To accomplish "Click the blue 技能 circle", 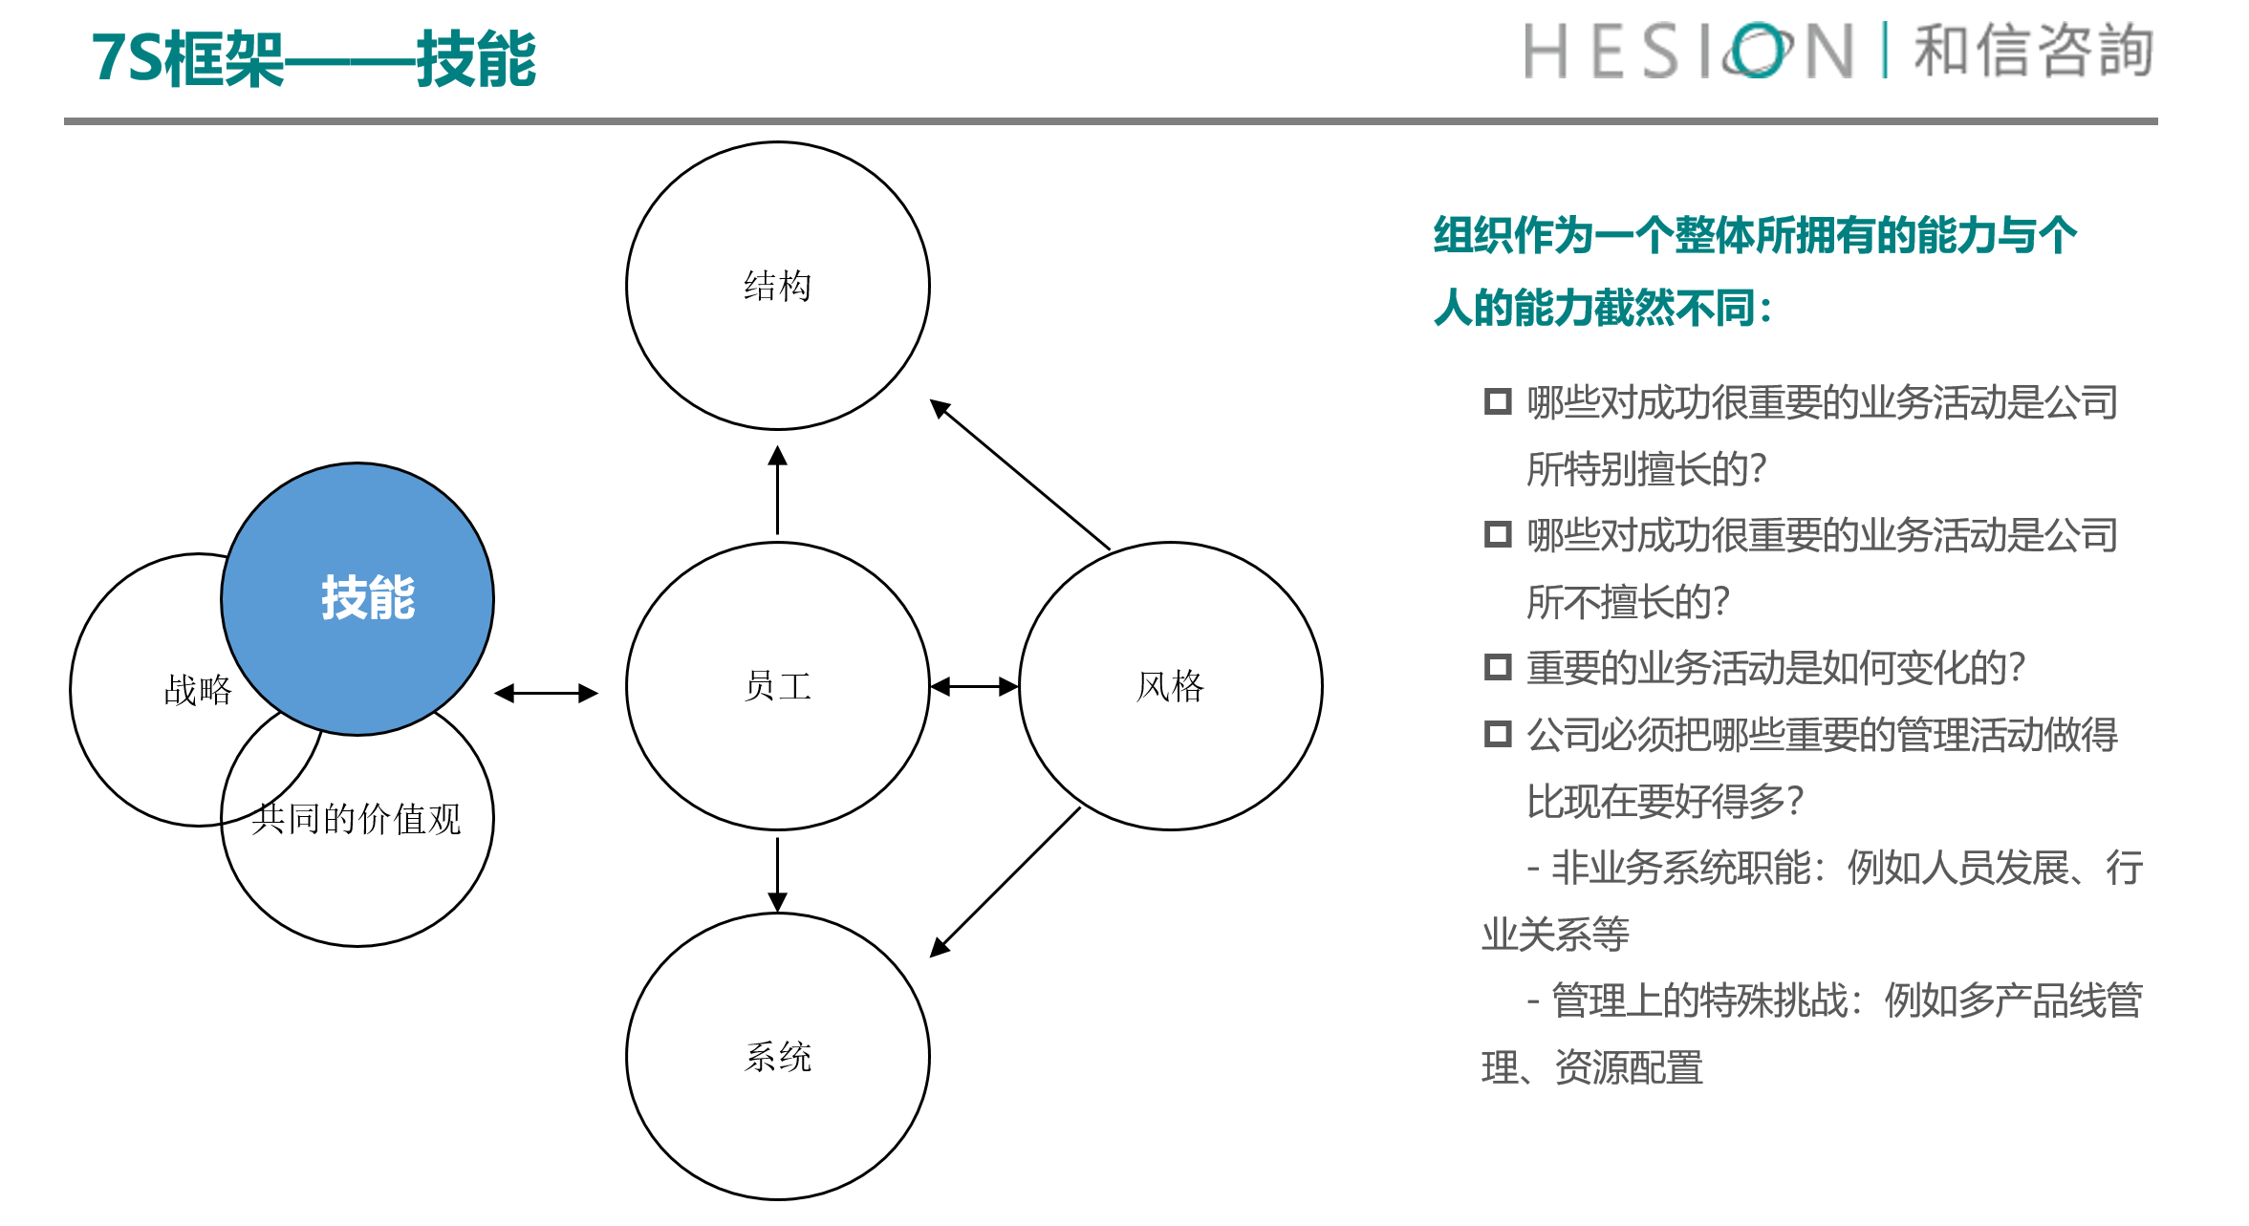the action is point(357,599).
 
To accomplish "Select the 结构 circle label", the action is point(778,286).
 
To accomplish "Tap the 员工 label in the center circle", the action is point(778,686).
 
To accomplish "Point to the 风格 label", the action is point(1171,686).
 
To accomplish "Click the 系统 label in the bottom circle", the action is point(778,1057).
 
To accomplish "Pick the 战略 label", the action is point(198,690).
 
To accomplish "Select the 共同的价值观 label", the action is point(357,819).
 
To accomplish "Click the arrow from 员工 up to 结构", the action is point(778,490).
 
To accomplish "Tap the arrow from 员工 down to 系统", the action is point(778,874).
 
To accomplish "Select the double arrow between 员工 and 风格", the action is point(975,686).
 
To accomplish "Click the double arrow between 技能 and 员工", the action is point(546,694).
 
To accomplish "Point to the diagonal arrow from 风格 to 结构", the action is point(1020,474).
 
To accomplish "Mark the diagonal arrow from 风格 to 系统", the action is point(1006,882).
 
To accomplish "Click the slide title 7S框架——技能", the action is point(314,59).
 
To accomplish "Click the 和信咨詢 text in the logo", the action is point(2034,51).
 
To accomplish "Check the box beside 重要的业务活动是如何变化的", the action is point(1498,667).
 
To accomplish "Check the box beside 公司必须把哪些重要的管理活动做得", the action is point(1498,734).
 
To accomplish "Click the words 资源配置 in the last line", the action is point(1630,1067).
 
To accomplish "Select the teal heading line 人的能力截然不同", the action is point(1603,308).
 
